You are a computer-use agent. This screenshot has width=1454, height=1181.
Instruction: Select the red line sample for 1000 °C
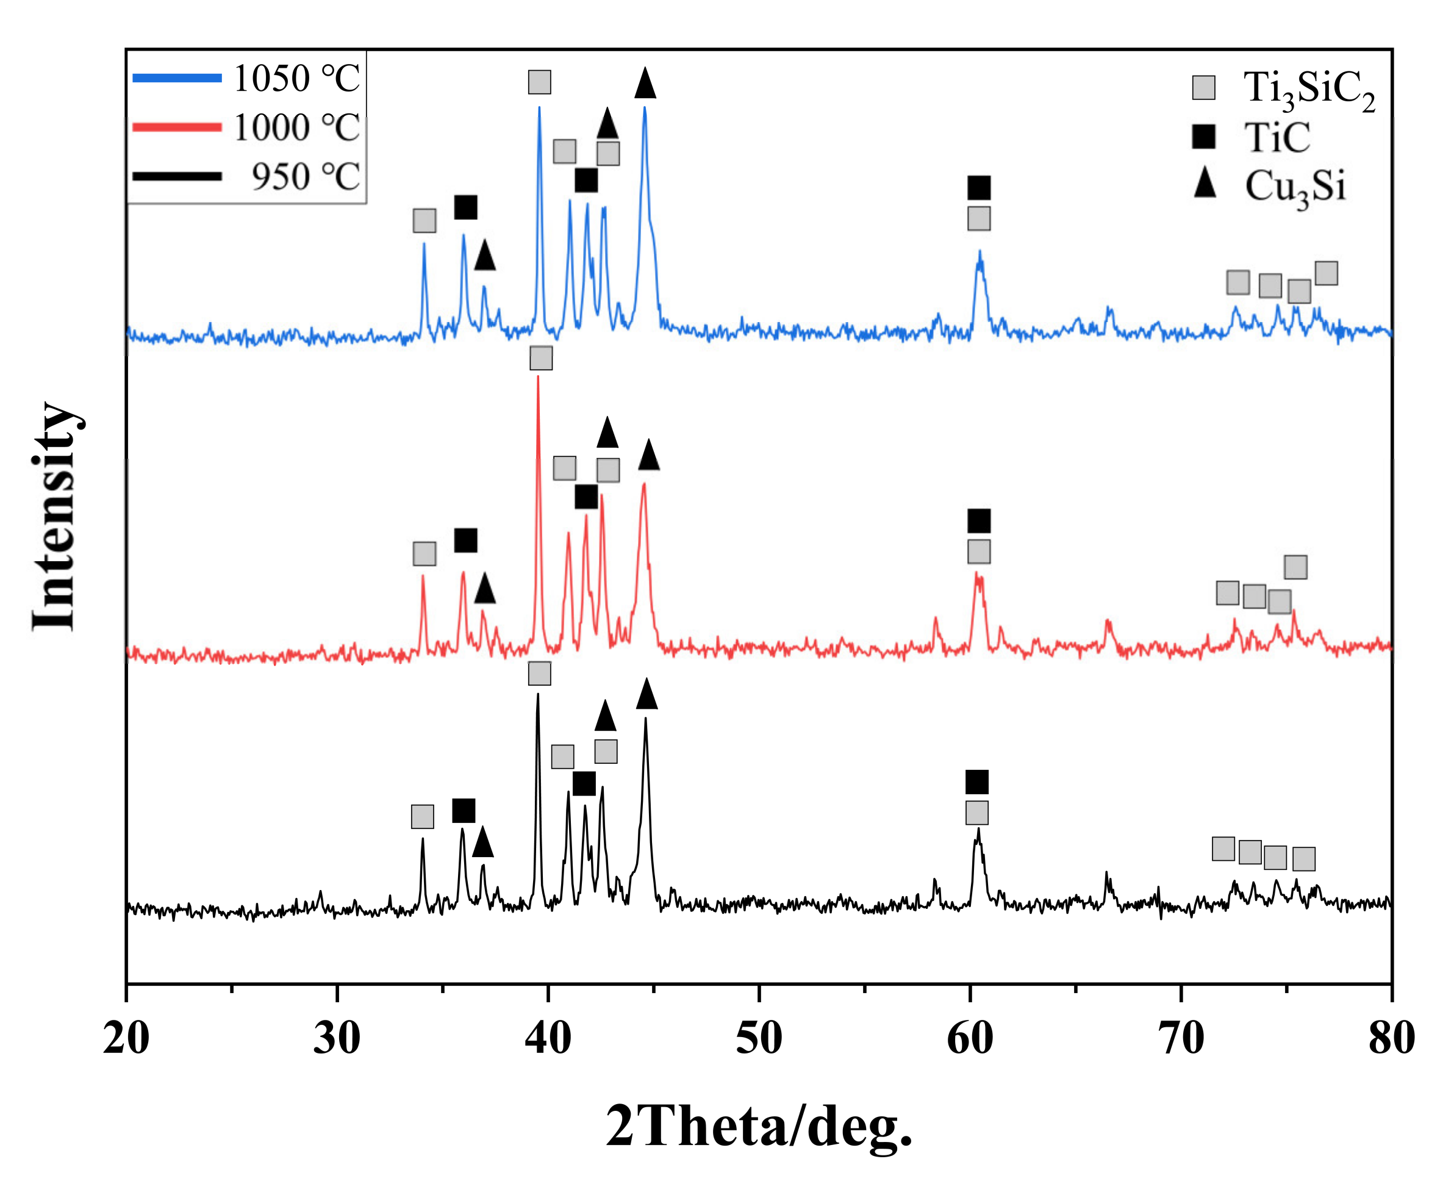(x=177, y=127)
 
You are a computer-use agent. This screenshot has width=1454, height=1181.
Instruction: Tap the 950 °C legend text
(x=306, y=176)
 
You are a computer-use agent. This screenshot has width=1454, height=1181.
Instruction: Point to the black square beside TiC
(x=1203, y=137)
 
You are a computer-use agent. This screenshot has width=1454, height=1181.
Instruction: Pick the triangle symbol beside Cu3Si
(x=1205, y=184)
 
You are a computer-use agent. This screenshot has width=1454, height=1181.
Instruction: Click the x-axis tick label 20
(x=126, y=1039)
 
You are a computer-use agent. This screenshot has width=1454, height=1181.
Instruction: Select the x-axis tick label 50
(x=759, y=1039)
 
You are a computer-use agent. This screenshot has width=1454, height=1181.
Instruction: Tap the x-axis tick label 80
(x=1391, y=1039)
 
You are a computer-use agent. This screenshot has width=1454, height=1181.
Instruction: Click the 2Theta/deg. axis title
(x=758, y=1126)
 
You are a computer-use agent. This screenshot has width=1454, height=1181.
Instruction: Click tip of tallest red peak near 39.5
(x=538, y=376)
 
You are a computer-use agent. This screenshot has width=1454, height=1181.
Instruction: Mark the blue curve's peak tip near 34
(x=424, y=243)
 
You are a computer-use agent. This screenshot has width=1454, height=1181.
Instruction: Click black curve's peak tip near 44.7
(x=645, y=719)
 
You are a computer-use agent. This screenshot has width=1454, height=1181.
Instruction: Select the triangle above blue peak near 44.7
(x=645, y=84)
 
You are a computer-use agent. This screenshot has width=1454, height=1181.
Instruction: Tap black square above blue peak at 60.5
(x=979, y=187)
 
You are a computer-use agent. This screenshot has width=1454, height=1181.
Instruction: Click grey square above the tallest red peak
(x=540, y=358)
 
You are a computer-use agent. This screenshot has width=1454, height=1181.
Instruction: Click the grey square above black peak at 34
(x=422, y=816)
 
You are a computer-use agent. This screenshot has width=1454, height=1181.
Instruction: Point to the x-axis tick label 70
(x=1181, y=1039)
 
